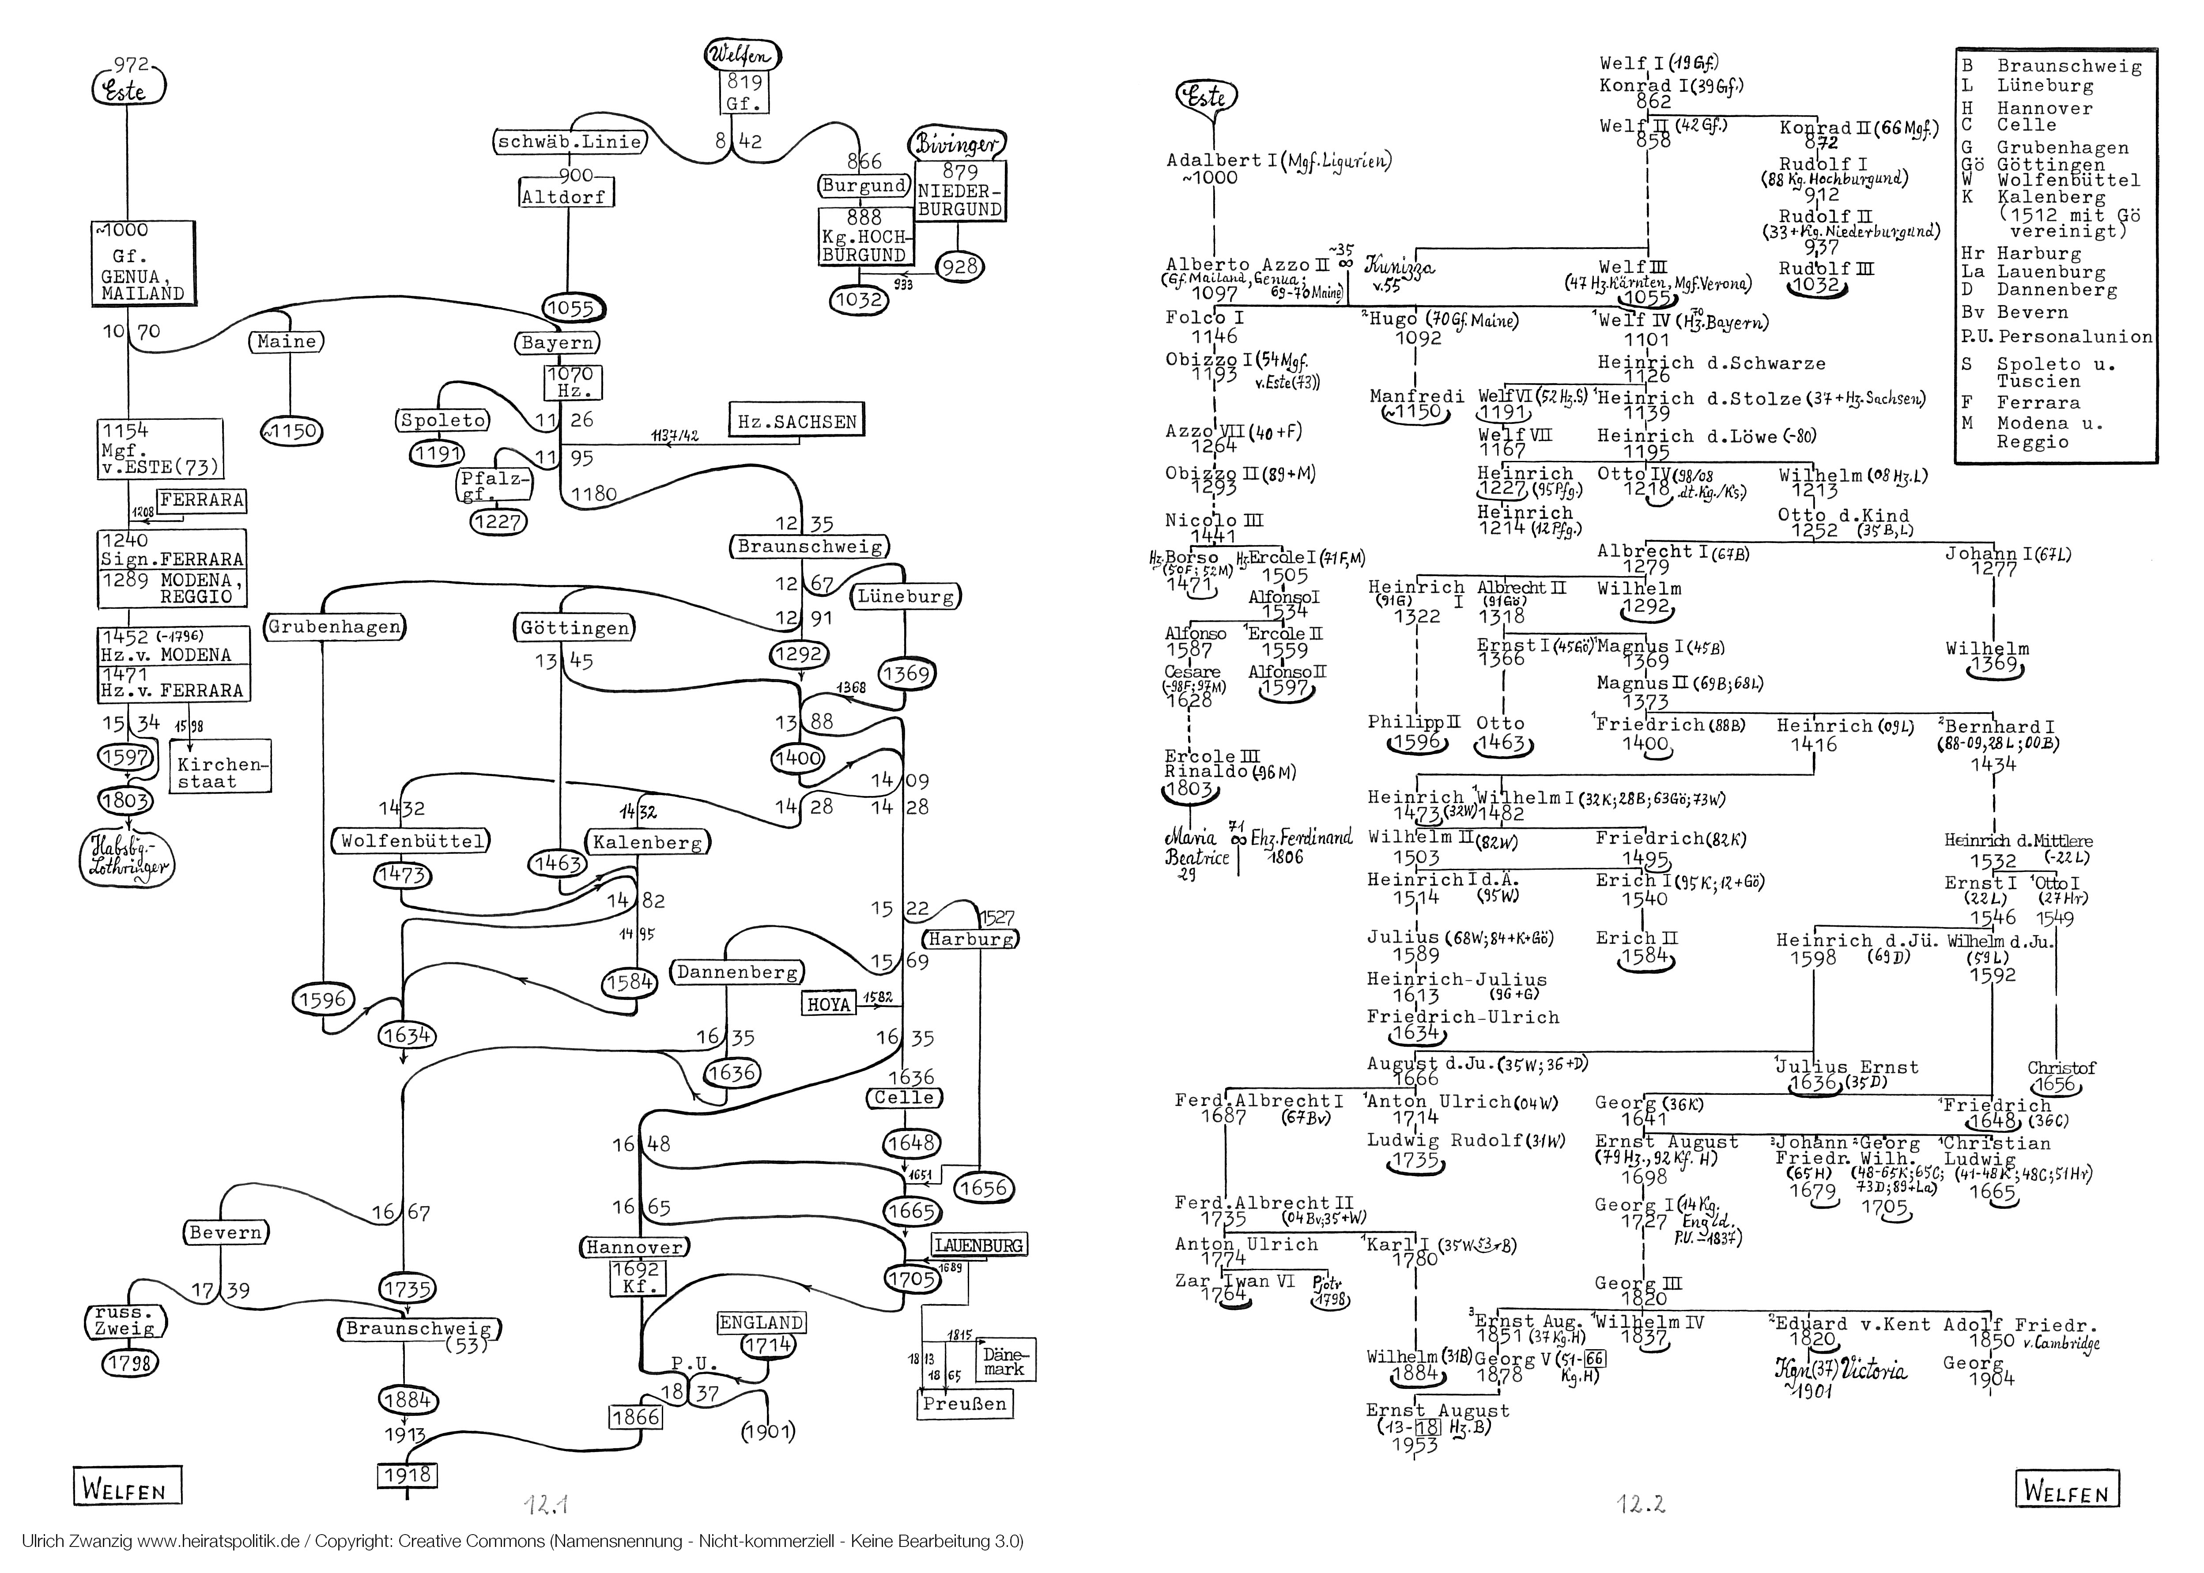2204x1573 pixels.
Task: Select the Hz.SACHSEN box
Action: [796, 421]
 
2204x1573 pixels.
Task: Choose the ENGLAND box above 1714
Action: [761, 1322]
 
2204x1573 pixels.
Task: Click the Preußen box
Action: [965, 1403]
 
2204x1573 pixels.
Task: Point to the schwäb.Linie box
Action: [570, 141]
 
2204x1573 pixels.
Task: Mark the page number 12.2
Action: [1640, 1504]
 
